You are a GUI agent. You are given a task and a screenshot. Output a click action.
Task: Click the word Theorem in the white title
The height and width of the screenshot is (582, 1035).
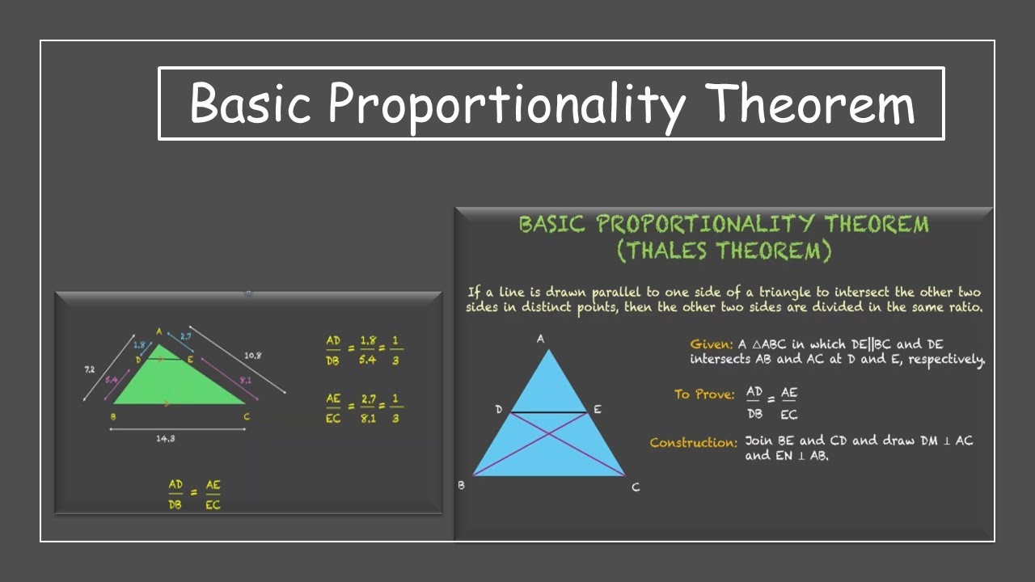pyautogui.click(x=810, y=104)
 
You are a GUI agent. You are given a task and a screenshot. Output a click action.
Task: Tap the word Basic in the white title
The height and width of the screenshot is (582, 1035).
pyautogui.click(x=251, y=104)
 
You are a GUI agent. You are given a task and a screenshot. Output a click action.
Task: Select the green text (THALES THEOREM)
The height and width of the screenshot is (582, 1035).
pyautogui.click(x=724, y=251)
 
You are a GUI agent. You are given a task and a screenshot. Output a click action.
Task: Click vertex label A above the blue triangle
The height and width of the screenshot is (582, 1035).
pyautogui.click(x=540, y=339)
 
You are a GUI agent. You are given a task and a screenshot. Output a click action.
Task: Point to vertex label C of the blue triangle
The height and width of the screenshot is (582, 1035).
pyautogui.click(x=636, y=487)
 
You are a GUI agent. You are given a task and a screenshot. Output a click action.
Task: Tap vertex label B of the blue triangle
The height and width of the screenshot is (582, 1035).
pyautogui.click(x=461, y=486)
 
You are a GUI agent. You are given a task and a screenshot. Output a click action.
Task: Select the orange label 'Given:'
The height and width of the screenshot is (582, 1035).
pyautogui.click(x=712, y=344)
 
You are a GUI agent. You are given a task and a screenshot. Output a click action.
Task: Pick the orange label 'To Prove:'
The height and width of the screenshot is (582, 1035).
pyautogui.click(x=704, y=394)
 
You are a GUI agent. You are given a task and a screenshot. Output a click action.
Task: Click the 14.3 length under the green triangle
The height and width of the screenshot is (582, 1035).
pyautogui.click(x=167, y=439)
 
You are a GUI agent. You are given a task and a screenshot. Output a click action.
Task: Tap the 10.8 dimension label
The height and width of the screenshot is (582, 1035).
pyautogui.click(x=252, y=356)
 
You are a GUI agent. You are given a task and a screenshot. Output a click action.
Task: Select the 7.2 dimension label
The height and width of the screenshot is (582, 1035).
pyautogui.click(x=89, y=369)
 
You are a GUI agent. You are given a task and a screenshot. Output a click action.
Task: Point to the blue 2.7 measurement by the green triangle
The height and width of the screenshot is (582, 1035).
pyautogui.click(x=185, y=335)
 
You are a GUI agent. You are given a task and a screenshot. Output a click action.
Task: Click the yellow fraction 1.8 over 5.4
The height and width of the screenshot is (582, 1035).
pyautogui.click(x=367, y=350)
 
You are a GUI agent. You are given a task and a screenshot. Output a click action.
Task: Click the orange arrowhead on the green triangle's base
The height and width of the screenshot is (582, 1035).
pyautogui.click(x=167, y=403)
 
